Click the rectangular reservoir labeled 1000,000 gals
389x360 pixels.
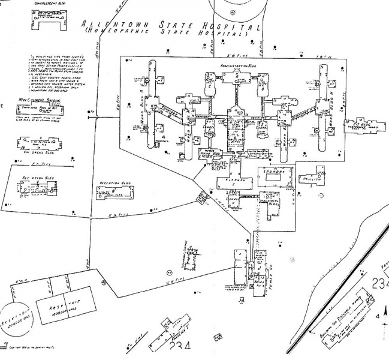point(66,307)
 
